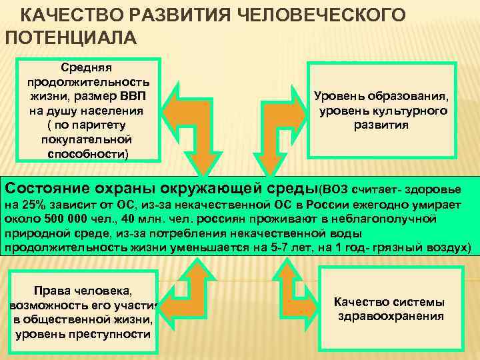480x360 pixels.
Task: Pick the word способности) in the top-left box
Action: (x=87, y=155)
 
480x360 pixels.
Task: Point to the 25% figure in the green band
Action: (x=31, y=203)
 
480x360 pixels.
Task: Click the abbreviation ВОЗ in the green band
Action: (x=336, y=187)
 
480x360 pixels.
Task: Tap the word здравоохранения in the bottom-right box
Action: (x=391, y=316)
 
